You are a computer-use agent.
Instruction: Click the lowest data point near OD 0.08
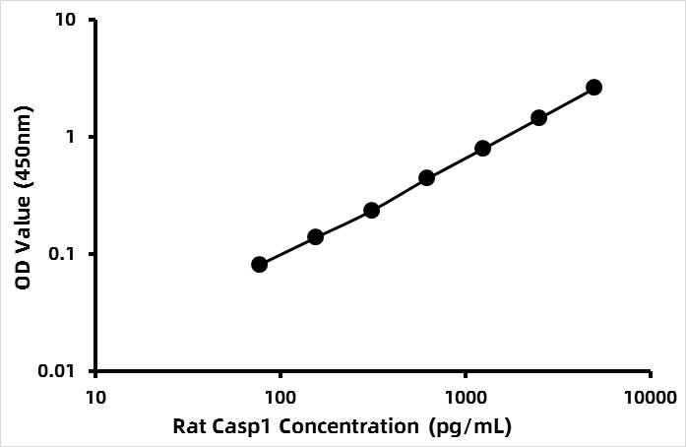[x=260, y=265]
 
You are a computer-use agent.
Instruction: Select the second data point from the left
[x=315, y=237]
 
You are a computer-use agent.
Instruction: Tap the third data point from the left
[x=371, y=211]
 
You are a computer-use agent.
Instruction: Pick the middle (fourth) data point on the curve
[x=426, y=178]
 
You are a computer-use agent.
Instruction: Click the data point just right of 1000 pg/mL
[x=482, y=149]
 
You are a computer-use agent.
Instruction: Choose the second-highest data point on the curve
[x=538, y=118]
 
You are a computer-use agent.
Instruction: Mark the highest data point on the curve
[x=594, y=87]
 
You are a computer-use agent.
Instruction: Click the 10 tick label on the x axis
[x=95, y=398]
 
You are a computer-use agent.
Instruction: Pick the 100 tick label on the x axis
[x=281, y=398]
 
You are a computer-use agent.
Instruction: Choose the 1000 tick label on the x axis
[x=466, y=398]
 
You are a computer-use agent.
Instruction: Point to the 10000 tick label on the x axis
[x=651, y=398]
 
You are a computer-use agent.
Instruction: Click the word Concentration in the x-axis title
[x=348, y=426]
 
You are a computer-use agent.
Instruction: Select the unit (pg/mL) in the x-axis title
[x=470, y=427]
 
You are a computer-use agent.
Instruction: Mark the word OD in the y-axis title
[x=24, y=276]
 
